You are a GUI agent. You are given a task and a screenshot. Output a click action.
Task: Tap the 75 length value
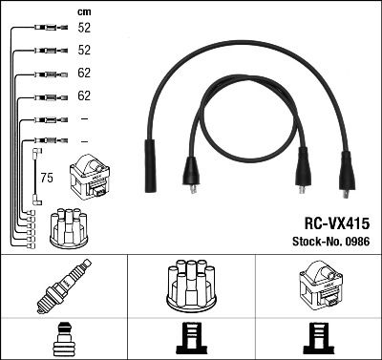click(46, 177)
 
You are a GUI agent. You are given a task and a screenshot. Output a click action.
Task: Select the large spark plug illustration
click(63, 286)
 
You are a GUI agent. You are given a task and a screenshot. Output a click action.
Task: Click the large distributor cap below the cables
click(191, 286)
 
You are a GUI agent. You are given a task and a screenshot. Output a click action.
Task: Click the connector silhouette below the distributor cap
click(191, 339)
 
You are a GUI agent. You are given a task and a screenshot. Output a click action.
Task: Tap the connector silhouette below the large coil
click(317, 339)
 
